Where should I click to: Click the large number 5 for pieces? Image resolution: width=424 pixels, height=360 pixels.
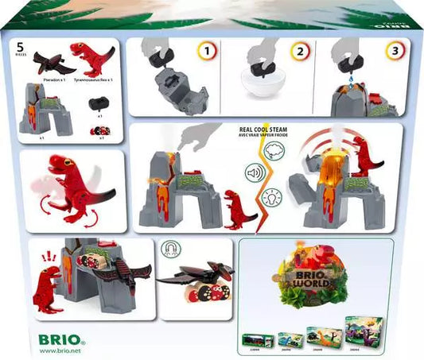(18, 47)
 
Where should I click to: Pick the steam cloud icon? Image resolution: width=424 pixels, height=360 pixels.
(271, 148)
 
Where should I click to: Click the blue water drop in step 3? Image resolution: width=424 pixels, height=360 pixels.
(352, 79)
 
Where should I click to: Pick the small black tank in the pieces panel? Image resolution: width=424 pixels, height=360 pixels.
(99, 102)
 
